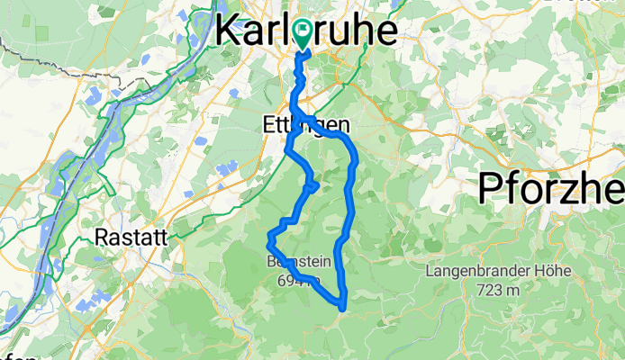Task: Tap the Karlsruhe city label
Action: pyautogui.click(x=307, y=32)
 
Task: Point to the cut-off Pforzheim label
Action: pyautogui.click(x=549, y=189)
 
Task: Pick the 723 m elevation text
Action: pyautogui.click(x=496, y=289)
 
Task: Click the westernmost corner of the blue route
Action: pyautogui.click(x=269, y=239)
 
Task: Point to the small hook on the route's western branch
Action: pyautogui.click(x=315, y=185)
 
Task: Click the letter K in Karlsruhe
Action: pyautogui.click(x=228, y=32)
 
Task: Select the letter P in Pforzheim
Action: pyautogui.click(x=492, y=189)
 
